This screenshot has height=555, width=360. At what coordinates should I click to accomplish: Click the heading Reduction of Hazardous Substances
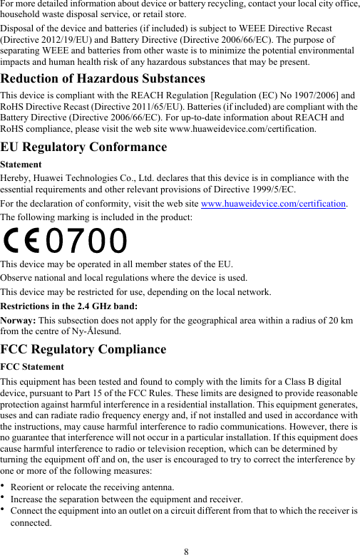[x=103, y=78]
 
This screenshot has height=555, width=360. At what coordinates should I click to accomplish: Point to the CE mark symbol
[x=22, y=241]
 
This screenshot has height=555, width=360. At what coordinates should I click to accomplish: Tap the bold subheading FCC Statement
[x=33, y=367]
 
